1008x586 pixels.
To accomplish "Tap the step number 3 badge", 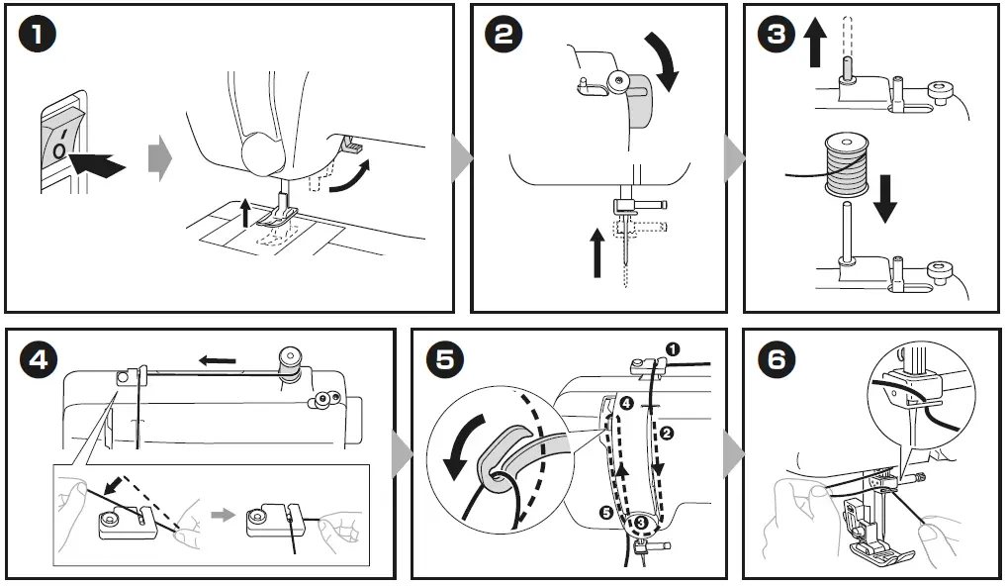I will pyautogui.click(x=776, y=35).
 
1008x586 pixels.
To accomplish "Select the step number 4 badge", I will pyautogui.click(x=37, y=360).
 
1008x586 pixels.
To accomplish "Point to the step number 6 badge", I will pyautogui.click(x=776, y=360).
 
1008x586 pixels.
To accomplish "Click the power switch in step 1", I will pyautogui.click(x=60, y=145).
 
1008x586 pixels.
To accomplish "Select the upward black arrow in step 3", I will pyautogui.click(x=815, y=46).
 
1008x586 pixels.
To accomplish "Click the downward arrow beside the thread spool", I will pyautogui.click(x=886, y=197).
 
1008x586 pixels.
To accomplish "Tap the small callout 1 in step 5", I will pyautogui.click(x=673, y=349).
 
